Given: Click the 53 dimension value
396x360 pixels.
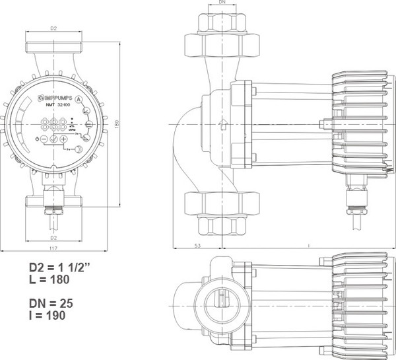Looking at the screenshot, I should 198,246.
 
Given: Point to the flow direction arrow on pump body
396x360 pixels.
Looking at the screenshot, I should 223,123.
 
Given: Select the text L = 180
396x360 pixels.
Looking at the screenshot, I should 49,279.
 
